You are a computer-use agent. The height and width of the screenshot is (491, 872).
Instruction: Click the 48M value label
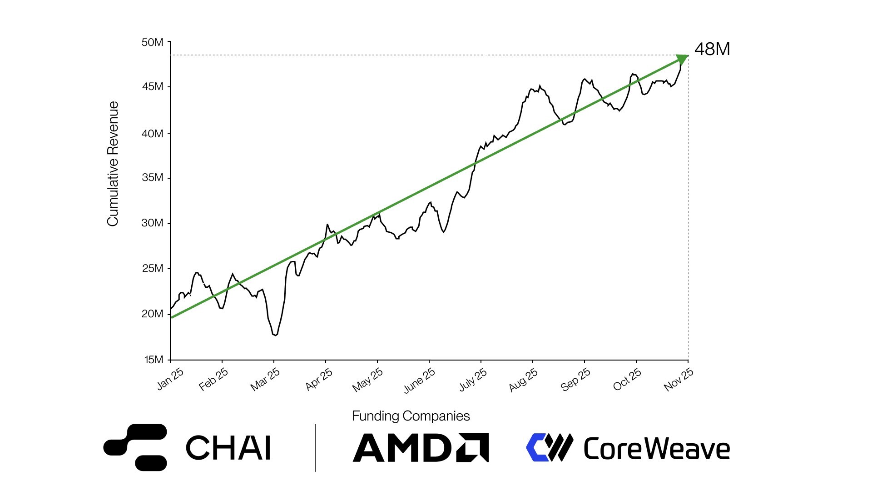click(x=712, y=49)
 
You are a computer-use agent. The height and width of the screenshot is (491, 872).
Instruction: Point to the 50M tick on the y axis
click(x=153, y=42)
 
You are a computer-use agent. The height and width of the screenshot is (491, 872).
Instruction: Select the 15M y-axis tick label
click(x=154, y=360)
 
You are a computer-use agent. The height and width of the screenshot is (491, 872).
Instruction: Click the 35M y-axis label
click(x=153, y=177)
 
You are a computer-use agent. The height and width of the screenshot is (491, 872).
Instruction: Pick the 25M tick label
click(x=153, y=268)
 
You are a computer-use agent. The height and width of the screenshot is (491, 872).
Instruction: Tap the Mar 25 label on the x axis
click(x=265, y=380)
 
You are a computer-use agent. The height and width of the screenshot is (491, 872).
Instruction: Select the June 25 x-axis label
click(x=419, y=380)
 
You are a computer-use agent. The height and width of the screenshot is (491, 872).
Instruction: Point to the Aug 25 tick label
click(x=523, y=380)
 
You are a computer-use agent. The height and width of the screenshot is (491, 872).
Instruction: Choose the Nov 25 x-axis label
click(x=679, y=379)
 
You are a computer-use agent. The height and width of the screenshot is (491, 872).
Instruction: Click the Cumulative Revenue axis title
click(x=113, y=164)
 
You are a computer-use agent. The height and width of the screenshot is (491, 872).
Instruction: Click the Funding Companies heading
click(x=411, y=416)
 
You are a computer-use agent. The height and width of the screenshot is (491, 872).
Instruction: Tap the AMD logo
click(x=421, y=448)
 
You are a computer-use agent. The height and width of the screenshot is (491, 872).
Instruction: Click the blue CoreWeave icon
click(x=549, y=447)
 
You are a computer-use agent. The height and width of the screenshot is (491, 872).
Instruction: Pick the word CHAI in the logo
click(x=228, y=448)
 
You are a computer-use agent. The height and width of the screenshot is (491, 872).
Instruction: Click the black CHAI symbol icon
click(x=135, y=447)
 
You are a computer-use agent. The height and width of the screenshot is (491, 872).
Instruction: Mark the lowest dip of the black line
click(x=275, y=335)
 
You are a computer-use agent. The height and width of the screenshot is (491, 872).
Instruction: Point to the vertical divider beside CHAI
click(x=315, y=448)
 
